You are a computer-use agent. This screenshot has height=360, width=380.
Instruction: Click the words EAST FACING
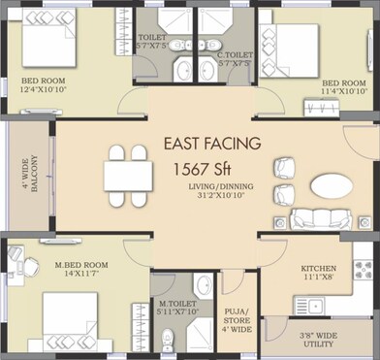tap(211, 144)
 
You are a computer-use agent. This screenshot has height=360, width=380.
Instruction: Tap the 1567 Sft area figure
tap(207, 168)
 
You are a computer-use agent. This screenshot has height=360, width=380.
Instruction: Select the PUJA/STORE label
tap(236, 316)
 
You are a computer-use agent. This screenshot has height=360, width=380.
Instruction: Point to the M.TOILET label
tap(177, 305)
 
